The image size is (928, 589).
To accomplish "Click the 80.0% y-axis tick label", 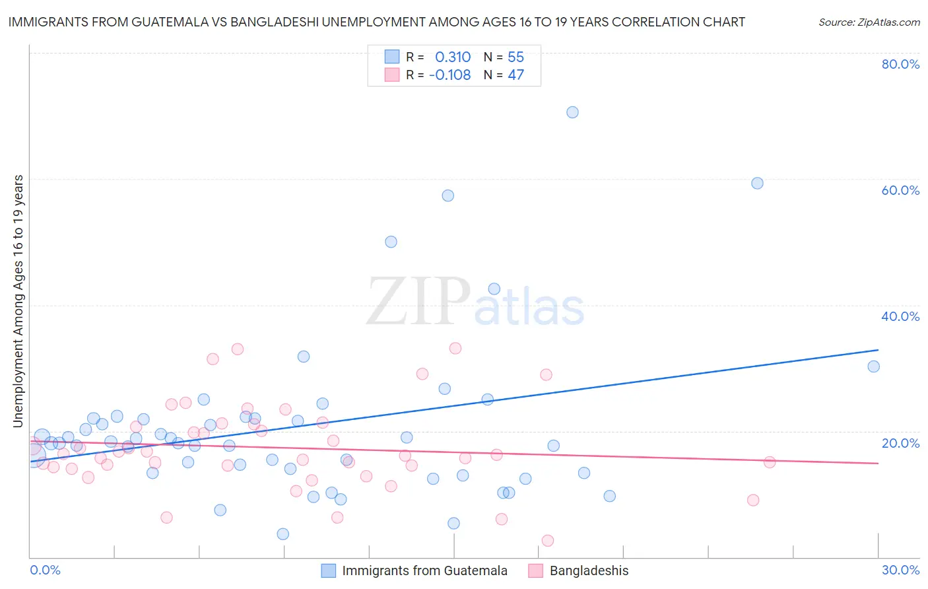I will pyautogui.click(x=900, y=64).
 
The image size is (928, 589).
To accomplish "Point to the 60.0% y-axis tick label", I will pyautogui.click(x=900, y=190).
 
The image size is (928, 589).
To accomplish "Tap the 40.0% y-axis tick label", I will pyautogui.click(x=900, y=316).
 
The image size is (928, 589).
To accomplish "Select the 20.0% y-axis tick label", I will pyautogui.click(x=900, y=443).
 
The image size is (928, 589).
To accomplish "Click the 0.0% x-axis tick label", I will pyautogui.click(x=45, y=570).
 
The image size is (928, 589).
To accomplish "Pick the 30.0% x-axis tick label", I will pyautogui.click(x=900, y=570).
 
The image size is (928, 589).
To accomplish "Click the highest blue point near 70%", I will pyautogui.click(x=572, y=112).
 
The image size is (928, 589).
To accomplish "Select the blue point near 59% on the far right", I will pyautogui.click(x=757, y=183).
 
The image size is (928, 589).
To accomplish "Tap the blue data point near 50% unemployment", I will pyautogui.click(x=391, y=242).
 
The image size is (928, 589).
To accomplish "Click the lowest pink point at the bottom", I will pyautogui.click(x=547, y=541).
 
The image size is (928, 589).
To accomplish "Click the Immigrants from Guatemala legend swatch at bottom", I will pyautogui.click(x=329, y=571).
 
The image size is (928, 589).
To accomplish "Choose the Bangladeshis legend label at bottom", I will pyautogui.click(x=589, y=571).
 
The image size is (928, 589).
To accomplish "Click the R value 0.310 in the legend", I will pyautogui.click(x=453, y=57).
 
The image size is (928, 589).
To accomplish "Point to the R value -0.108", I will pyautogui.click(x=449, y=75).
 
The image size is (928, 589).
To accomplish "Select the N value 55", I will pyautogui.click(x=515, y=57).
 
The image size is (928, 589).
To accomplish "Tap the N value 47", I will pyautogui.click(x=515, y=75).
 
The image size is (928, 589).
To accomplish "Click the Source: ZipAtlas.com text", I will pyautogui.click(x=869, y=22).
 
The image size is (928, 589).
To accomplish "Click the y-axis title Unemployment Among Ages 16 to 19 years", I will pyautogui.click(x=18, y=300).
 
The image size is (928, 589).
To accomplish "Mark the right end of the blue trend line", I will pyautogui.click(x=878, y=349).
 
